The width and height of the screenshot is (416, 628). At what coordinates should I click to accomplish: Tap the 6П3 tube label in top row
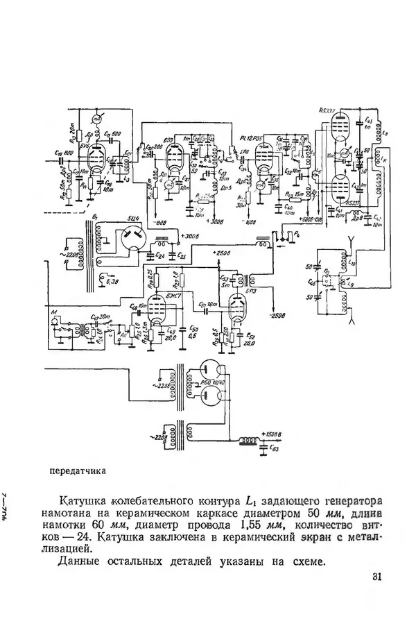pos(169,139)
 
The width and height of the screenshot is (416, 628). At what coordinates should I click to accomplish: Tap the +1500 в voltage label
pos(272,434)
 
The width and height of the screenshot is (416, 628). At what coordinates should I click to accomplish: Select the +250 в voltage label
pos(222,253)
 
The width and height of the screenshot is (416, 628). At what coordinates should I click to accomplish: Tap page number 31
pos(377,577)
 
